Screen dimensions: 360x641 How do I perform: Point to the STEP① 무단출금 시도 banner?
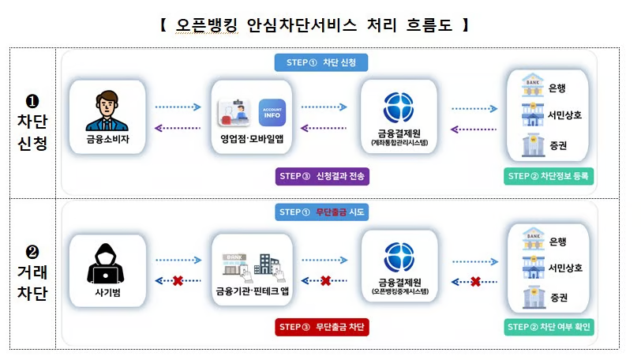pos(321,212)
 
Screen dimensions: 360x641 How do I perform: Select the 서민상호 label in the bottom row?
pos(565,268)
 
